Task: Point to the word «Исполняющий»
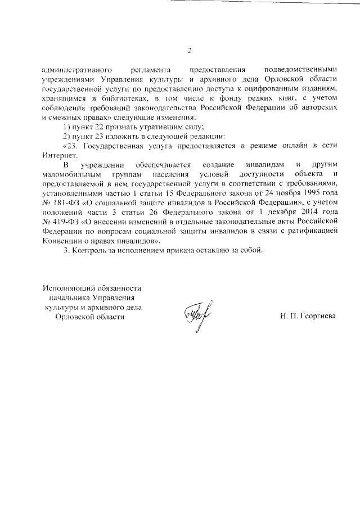coord(67,287)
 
